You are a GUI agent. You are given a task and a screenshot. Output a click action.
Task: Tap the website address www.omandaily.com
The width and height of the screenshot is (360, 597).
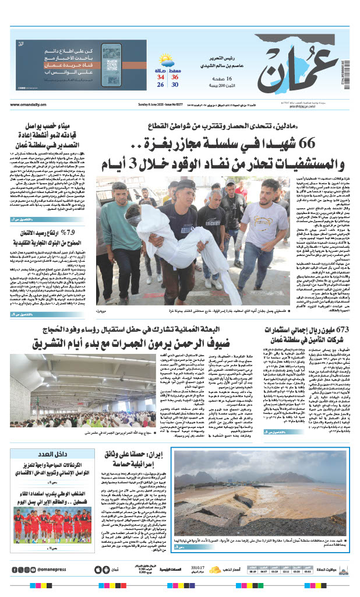point(29,104)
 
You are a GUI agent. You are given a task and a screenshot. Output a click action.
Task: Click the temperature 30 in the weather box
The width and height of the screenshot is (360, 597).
point(174,85)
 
